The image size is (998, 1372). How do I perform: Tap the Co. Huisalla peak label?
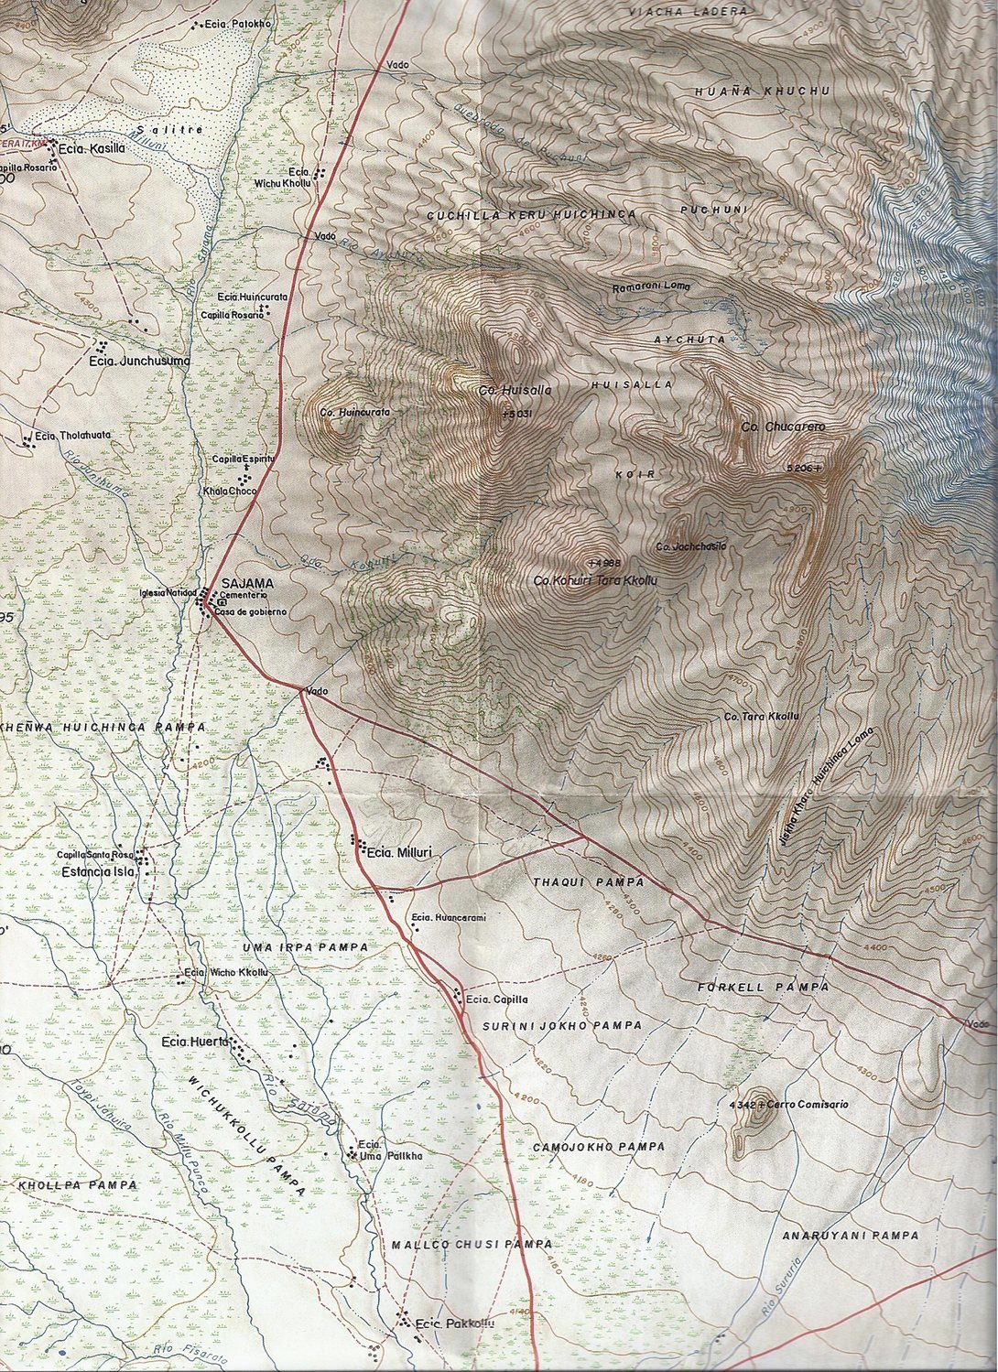[515, 391]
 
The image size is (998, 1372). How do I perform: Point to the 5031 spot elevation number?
[519, 414]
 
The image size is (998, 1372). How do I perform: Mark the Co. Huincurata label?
[355, 413]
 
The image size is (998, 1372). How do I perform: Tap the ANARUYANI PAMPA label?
[850, 1236]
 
